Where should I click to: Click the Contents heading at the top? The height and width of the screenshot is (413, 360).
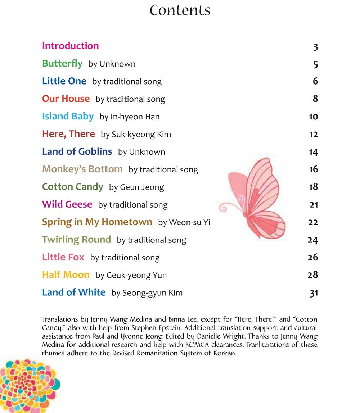180,10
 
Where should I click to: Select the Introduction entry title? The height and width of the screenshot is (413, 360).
71,46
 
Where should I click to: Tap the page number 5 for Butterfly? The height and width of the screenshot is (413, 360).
316,64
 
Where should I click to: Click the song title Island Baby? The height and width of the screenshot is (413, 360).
68,117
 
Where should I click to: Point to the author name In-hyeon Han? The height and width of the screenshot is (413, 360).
135,117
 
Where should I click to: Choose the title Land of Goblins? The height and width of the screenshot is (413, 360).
77,151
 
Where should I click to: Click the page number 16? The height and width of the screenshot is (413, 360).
313,169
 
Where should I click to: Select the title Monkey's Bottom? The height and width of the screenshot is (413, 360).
82,169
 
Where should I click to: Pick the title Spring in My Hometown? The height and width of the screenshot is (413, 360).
97,222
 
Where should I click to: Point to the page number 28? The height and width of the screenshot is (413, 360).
313,275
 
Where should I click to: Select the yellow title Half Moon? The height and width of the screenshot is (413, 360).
66,275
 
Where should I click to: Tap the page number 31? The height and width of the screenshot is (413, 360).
314,293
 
